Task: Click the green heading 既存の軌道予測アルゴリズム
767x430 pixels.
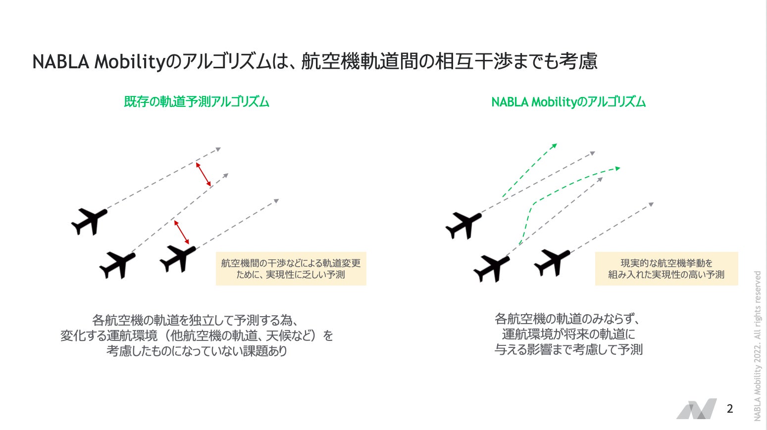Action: pos(197,102)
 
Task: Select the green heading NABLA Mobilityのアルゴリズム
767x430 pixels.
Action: pos(568,102)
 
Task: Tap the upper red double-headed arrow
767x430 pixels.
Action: pos(204,174)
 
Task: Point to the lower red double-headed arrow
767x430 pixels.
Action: pos(182,232)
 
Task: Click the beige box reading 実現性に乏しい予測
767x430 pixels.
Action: pos(291,269)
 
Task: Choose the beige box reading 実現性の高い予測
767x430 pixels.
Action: pos(666,269)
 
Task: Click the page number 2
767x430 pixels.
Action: pos(729,409)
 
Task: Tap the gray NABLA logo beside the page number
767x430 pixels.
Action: pos(696,409)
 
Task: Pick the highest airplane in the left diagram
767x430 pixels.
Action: pos(89,221)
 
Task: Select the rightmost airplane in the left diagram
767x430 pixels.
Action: pos(178,258)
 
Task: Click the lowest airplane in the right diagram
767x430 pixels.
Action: pos(491,268)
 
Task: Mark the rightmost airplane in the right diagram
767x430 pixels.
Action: pos(552,262)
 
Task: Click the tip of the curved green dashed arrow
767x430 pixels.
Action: pos(618,169)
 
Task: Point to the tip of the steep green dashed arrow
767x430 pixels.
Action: pos(556,145)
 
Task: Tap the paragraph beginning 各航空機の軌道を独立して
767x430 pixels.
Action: pos(197,335)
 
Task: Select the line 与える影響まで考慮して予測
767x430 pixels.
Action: pos(568,350)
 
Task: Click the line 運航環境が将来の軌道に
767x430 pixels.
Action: pos(568,334)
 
